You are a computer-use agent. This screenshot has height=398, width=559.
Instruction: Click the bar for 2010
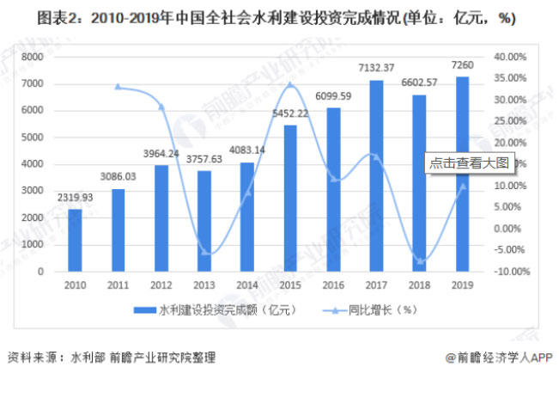(x=75, y=240)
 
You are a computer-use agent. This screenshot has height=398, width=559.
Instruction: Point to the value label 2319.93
(x=76, y=198)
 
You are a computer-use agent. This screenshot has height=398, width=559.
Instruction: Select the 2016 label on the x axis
(x=333, y=284)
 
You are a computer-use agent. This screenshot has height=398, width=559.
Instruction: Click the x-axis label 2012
(x=161, y=284)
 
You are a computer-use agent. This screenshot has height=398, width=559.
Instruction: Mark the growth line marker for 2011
(x=118, y=87)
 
